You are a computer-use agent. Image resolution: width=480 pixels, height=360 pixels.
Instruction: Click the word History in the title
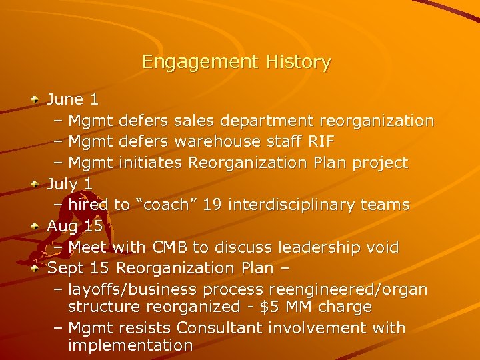(x=298, y=63)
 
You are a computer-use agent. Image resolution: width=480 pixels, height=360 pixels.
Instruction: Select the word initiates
(x=151, y=163)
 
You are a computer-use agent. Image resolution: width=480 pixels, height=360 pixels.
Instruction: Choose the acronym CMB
(x=169, y=247)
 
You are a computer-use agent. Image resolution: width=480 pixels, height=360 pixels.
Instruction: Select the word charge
(x=345, y=307)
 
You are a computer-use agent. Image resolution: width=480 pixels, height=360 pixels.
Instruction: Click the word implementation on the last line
(x=130, y=345)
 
